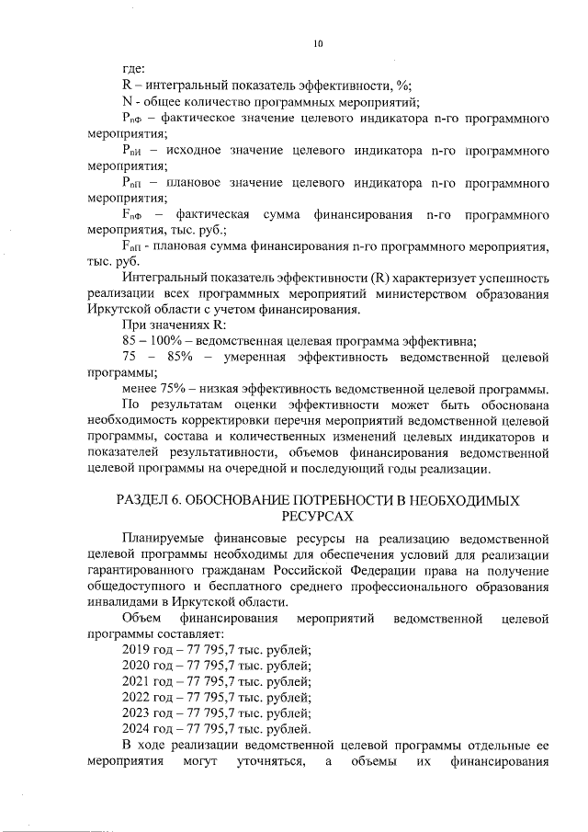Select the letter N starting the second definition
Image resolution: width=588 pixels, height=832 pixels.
tap(128, 102)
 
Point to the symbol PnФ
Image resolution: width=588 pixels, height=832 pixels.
tap(133, 120)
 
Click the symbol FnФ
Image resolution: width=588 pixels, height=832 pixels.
tap(133, 214)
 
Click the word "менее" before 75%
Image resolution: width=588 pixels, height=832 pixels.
tap(139, 389)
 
